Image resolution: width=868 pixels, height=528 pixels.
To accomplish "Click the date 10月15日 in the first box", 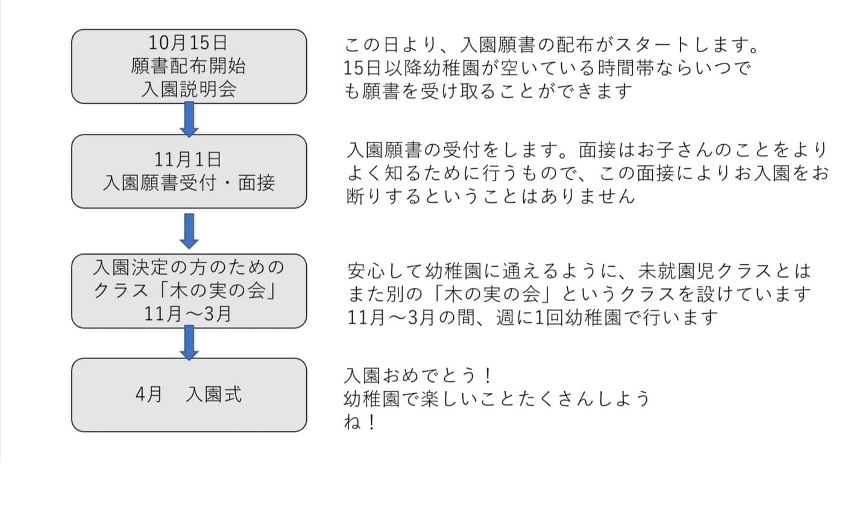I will coord(189,43).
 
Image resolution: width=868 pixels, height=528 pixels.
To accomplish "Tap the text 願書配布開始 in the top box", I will coord(189,66).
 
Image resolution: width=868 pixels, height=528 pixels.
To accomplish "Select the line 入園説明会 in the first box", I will coord(189,89).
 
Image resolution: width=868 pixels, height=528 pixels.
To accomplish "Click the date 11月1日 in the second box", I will coord(189,159).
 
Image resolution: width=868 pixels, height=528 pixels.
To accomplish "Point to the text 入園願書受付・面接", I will coord(189,182).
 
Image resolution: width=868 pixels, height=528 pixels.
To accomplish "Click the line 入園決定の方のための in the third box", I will coord(189,267).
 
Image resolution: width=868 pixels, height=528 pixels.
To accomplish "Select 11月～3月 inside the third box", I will coord(189,314).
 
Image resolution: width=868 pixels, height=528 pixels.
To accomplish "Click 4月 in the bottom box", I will coord(149,395).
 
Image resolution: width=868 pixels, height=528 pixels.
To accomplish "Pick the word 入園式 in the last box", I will coord(214,395).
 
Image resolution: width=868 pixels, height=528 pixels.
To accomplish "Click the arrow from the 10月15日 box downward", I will coord(189,119).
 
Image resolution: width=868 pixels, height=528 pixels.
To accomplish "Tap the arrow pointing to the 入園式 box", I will coord(189,343).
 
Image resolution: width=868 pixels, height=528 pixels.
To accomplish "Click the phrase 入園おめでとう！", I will coord(418,375).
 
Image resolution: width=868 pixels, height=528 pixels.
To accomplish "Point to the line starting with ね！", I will coord(360,422).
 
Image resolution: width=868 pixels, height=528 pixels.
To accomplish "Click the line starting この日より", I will coord(552,45).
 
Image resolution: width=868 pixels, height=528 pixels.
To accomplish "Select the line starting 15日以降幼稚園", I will coord(547,68).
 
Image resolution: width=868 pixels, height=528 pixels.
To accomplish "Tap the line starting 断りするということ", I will coord(491,196).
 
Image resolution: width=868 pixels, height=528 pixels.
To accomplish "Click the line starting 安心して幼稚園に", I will coord(579,271).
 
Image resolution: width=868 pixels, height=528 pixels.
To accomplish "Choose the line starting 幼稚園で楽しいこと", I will coord(497,399).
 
